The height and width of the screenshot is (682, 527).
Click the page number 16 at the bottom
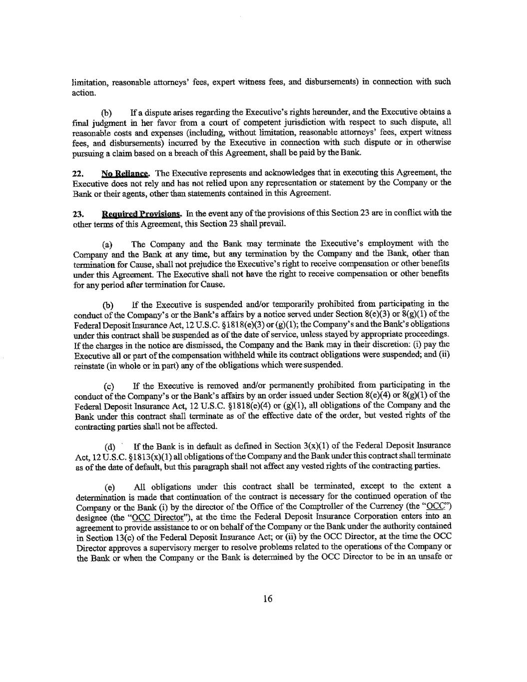[x=267, y=600]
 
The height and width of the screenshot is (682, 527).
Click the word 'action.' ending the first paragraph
[x=83, y=93]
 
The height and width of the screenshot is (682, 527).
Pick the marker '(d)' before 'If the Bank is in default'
[x=109, y=447]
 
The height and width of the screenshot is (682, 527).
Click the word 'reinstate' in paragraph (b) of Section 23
[x=87, y=365]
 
